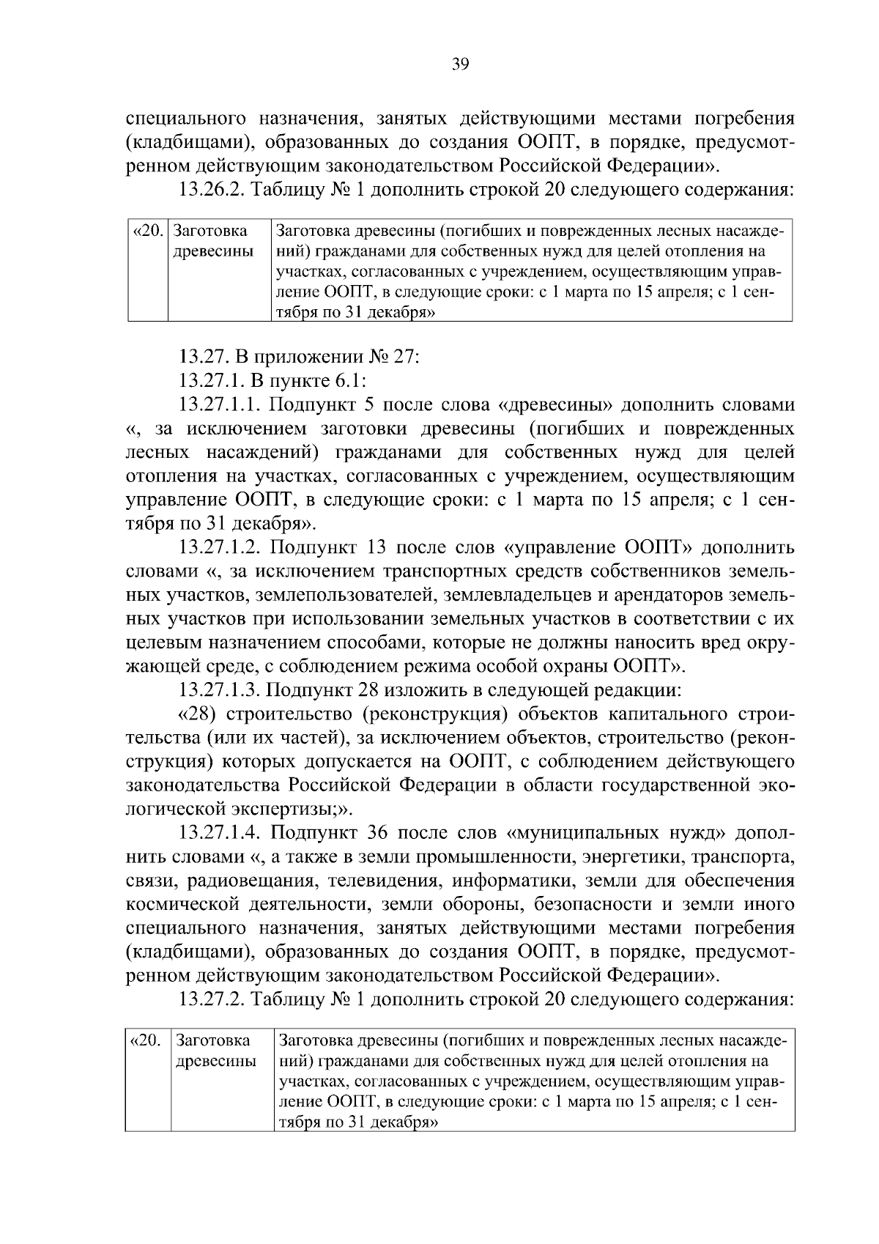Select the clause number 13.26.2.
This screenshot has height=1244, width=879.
213,190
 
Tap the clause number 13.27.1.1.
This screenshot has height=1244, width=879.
220,405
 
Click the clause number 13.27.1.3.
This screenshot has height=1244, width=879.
220,690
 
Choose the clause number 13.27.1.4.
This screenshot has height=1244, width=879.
220,833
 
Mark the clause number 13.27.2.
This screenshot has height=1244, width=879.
213,999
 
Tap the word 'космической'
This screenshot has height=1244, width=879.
182,904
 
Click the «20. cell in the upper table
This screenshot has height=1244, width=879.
148,232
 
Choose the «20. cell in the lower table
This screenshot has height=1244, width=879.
147,1041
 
